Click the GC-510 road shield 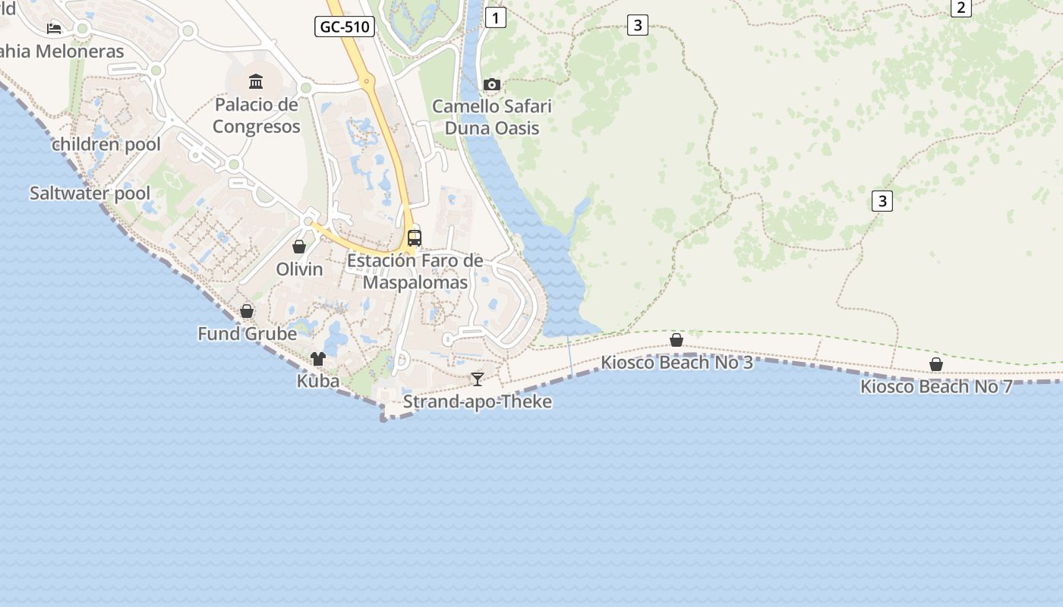[345, 27]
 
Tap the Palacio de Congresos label [256, 115]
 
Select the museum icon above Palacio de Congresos [256, 81]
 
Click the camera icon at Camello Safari [492, 84]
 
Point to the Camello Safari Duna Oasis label [492, 117]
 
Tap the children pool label [106, 144]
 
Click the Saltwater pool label [90, 193]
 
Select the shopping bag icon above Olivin [299, 247]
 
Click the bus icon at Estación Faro [415, 237]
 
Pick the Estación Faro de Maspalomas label [415, 272]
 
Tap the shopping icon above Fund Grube [247, 311]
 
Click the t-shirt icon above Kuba [318, 358]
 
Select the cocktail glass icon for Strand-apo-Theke [477, 379]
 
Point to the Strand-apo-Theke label [477, 401]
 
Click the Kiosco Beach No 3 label [677, 362]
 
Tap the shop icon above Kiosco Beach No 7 [936, 365]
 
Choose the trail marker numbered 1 [495, 17]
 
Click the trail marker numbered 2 [961, 8]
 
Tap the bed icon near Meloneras [54, 28]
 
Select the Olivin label [299, 269]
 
